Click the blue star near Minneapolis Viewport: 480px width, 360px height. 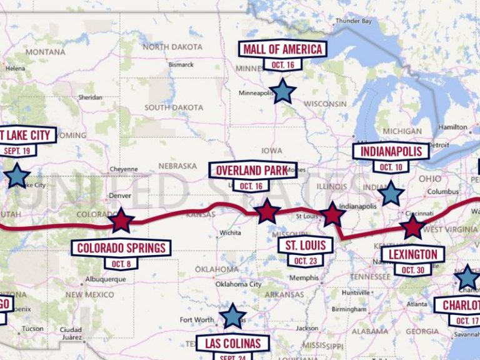coord(282,91)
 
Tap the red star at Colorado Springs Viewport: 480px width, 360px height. coord(121,221)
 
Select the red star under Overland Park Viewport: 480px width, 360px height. coord(267,212)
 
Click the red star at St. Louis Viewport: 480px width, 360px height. coord(332,215)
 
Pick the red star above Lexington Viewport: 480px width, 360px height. coord(412,227)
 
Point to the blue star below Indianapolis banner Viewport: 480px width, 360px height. coord(391,194)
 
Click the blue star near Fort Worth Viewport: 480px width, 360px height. coord(232,316)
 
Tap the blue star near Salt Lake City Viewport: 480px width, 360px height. coord(16,176)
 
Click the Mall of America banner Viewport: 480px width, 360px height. coord(282,49)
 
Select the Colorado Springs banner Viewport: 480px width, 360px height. coord(121,248)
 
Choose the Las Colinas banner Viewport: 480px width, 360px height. coord(233,343)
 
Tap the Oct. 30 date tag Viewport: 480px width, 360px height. coord(413,270)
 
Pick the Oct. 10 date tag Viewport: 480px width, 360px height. coord(391,167)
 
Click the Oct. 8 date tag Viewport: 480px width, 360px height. coord(121,264)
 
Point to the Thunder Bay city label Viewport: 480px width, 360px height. coord(353,21)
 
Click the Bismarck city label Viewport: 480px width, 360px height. coord(181,64)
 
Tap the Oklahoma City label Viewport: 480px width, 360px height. coord(237,284)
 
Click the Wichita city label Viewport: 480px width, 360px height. coord(230,232)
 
